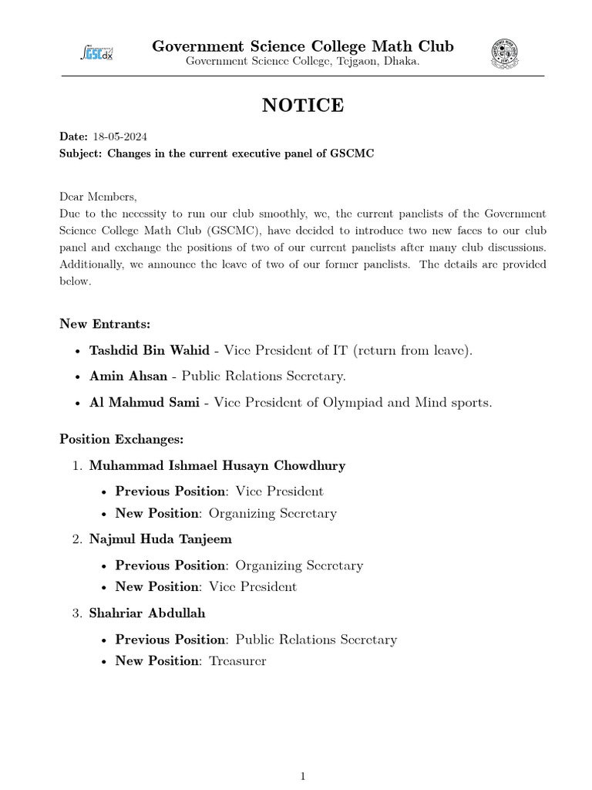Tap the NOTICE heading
302,106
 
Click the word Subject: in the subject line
81,154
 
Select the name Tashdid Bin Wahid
149,350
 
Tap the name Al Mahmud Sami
148,403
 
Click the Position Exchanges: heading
122,439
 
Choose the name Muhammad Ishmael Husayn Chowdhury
217,465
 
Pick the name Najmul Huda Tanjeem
160,538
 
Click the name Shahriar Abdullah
147,613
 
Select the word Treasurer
237,661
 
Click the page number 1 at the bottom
303,777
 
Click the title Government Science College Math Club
302,46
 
